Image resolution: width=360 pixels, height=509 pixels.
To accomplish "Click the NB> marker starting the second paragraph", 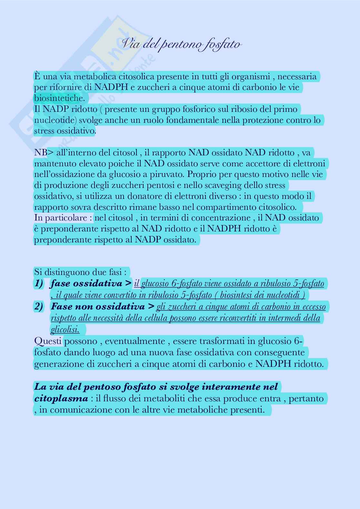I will click(x=41, y=152).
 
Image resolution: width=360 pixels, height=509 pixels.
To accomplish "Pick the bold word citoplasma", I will click(x=61, y=398).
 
